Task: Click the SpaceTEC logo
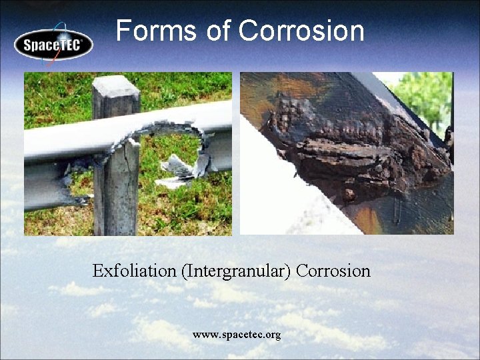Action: click(53, 45)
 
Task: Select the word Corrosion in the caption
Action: click(333, 271)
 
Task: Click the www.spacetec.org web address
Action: click(237, 334)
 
